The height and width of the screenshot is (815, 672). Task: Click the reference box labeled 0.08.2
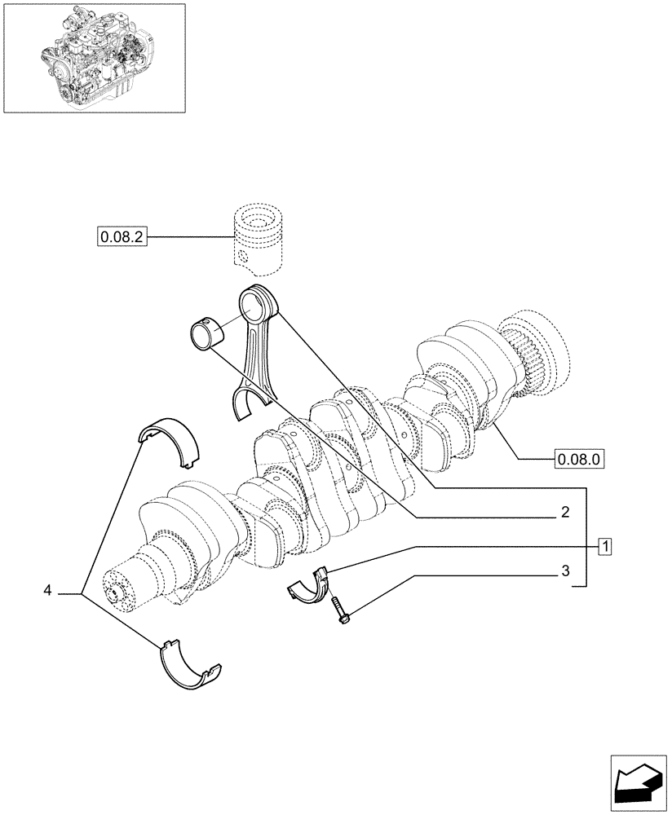point(120,238)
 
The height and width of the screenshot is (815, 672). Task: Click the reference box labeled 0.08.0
point(578,459)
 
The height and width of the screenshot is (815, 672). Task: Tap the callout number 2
point(564,513)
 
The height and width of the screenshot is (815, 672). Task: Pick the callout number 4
point(48,589)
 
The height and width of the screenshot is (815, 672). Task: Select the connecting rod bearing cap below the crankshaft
point(312,586)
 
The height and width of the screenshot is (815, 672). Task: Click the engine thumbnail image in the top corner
point(94,58)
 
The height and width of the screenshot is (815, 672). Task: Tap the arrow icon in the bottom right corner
point(639,783)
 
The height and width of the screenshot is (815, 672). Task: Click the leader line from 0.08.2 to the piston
point(188,238)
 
